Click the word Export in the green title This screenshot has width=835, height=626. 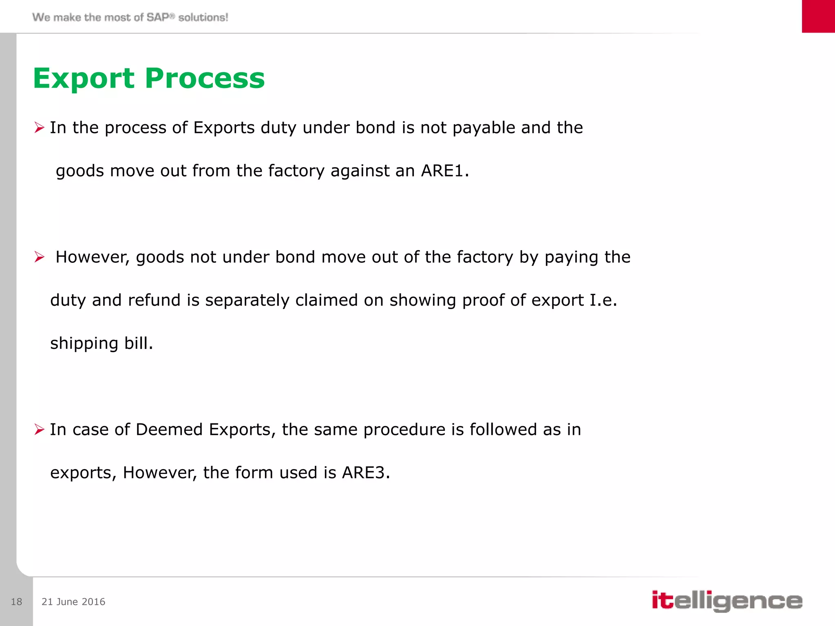pos(84,78)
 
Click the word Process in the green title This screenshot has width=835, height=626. pos(205,78)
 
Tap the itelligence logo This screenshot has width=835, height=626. pos(727,601)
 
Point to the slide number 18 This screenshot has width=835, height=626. pos(16,602)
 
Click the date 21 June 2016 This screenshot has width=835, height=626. pos(73,602)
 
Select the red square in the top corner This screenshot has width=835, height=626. pos(818,16)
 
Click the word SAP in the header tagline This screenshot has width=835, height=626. pos(158,17)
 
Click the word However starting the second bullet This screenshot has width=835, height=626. pos(92,257)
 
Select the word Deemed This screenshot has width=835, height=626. pos(169,430)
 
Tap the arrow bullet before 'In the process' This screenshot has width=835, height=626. pos(39,128)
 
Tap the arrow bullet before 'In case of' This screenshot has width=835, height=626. pos(39,430)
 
